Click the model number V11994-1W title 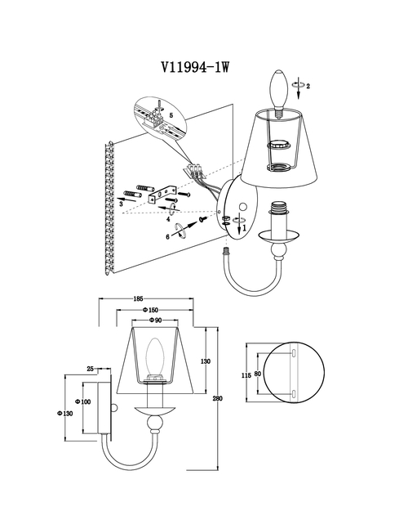click(196, 68)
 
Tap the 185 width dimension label click(138, 298)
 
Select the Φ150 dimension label click(150, 310)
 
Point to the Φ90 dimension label click(156, 320)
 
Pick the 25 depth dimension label click(91, 369)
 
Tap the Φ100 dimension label click(83, 401)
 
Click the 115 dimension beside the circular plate click(246, 375)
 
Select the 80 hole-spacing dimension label click(257, 374)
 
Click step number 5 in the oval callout click(171, 115)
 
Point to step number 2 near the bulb click(308, 86)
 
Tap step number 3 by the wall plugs click(121, 204)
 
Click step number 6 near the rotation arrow click(168, 237)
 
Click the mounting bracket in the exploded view click(162, 195)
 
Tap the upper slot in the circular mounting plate click(294, 353)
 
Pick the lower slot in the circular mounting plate click(294, 394)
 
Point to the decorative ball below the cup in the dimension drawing click(154, 423)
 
